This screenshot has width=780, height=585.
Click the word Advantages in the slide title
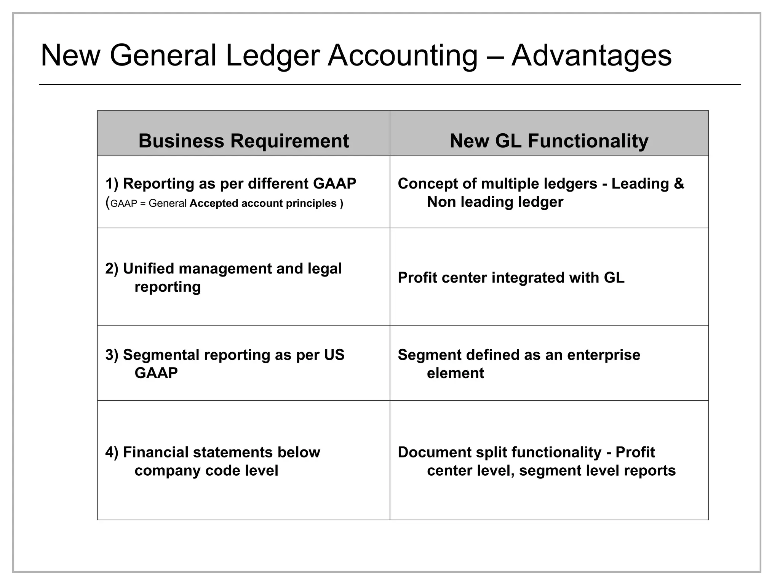pyautogui.click(x=591, y=56)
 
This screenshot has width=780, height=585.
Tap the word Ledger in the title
pyautogui.click(x=273, y=56)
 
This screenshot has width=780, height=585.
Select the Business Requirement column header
pyautogui.click(x=243, y=141)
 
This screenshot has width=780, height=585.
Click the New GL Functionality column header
pyautogui.click(x=549, y=141)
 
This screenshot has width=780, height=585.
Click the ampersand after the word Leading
pyautogui.click(x=679, y=184)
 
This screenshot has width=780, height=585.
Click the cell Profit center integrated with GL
pyautogui.click(x=511, y=278)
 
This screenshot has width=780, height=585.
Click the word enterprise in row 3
pyautogui.click(x=604, y=355)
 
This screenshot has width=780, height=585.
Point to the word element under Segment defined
pyautogui.click(x=455, y=373)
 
